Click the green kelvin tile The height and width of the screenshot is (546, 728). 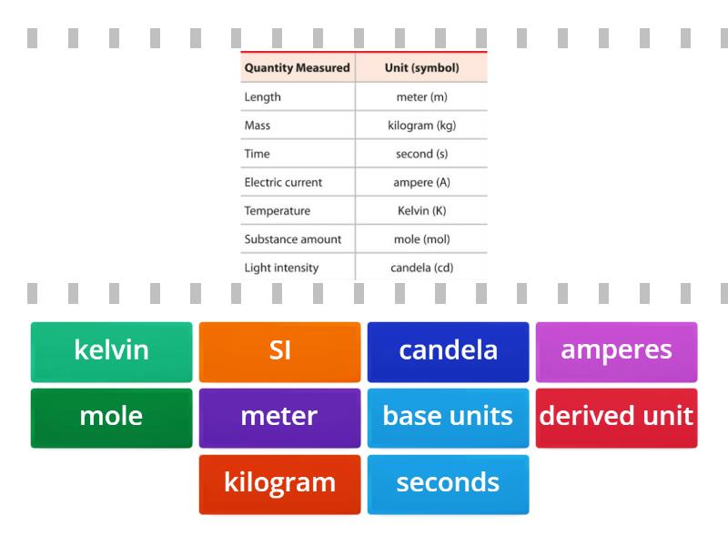111,351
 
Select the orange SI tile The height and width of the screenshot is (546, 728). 279,351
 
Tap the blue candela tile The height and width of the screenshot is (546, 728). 448,351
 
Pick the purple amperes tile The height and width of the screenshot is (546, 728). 616,351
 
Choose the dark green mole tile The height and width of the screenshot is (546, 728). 111,418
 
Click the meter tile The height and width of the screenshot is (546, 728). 279,418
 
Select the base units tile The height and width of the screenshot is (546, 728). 448,418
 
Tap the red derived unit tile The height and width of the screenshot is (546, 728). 616,418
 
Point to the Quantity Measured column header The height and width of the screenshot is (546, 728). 297,67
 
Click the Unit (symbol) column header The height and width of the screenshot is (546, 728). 421,67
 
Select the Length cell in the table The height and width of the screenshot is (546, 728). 263,96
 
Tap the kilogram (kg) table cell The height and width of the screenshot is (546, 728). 421,125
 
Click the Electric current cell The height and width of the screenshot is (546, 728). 283,182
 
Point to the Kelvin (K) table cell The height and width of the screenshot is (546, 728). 421,210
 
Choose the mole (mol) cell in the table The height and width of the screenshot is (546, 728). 421,239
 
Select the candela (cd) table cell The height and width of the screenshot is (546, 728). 421,268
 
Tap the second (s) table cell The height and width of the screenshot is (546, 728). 421,154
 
